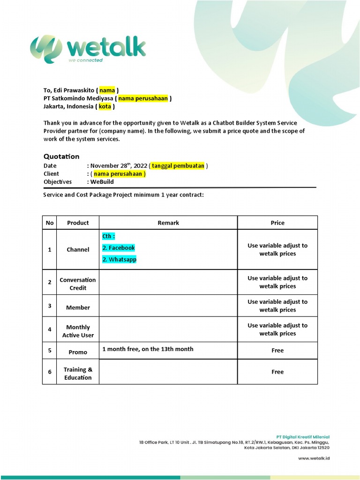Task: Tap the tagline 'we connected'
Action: click(85, 60)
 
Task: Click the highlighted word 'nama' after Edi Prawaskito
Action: click(107, 90)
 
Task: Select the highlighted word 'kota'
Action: click(105, 106)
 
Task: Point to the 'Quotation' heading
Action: click(61, 156)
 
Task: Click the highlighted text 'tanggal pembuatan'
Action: click(178, 165)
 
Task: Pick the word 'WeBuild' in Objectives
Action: click(102, 181)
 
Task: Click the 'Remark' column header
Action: click(168, 223)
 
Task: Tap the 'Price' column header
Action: click(277, 223)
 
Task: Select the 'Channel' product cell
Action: click(78, 249)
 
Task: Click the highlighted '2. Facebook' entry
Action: click(119, 247)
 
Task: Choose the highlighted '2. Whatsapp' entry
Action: click(120, 259)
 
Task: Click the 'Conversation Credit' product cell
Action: click(78, 284)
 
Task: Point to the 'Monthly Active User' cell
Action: click(78, 331)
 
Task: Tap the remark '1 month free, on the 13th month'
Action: click(148, 349)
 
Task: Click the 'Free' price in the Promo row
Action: click(277, 350)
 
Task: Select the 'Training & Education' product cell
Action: click(78, 373)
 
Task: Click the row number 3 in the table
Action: click(49, 306)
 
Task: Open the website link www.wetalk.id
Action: click(314, 458)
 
